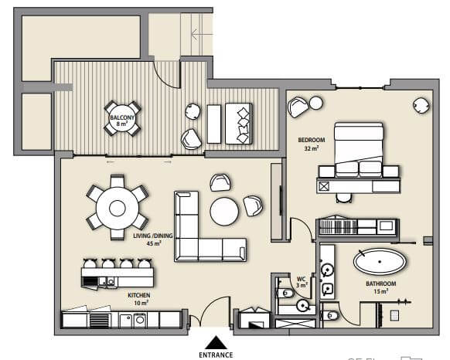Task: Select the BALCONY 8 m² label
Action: pos(123,120)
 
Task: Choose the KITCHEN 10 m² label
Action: pos(139,299)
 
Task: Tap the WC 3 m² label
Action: pos(302,282)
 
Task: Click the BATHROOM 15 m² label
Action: pos(381,287)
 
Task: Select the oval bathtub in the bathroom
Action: pos(380,261)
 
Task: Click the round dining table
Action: pos(117,207)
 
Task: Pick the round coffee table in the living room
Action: pos(225,211)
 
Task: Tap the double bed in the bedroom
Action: pos(358,148)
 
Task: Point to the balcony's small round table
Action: pos(123,118)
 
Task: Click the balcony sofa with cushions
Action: pos(237,124)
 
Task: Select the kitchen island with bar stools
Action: pos(118,274)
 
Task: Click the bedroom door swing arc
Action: pos(300,229)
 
